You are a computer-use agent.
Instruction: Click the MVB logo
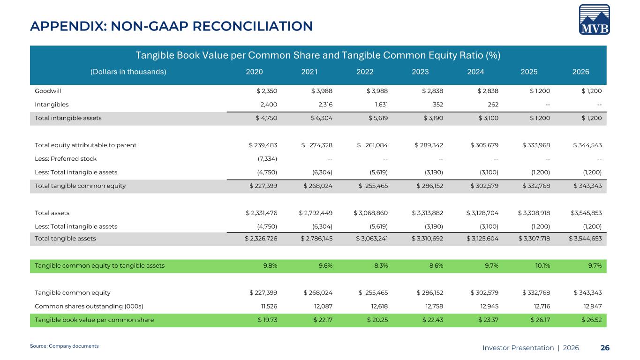click(595, 19)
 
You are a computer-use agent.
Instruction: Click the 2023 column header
click(420, 72)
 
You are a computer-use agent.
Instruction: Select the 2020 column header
click(254, 72)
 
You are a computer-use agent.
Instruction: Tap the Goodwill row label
click(48, 91)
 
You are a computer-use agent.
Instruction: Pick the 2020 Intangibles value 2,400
click(269, 105)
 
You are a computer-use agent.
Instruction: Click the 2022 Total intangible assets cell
click(378, 118)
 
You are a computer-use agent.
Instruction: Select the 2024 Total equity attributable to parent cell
click(484, 145)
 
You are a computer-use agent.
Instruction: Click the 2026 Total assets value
click(586, 213)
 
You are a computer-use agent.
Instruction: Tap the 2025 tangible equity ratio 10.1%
click(542, 266)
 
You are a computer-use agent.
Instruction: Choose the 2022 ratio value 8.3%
click(381, 266)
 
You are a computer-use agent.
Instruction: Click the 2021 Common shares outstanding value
click(323, 306)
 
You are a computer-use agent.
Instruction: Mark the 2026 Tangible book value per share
click(591, 320)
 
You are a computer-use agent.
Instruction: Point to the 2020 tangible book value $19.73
click(267, 320)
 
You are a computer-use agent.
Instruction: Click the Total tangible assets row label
click(65, 239)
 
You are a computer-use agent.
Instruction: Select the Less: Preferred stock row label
click(66, 159)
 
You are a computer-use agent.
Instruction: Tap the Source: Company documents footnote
click(64, 346)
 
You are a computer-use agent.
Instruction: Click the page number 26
click(605, 348)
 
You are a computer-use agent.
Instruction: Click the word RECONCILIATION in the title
click(253, 26)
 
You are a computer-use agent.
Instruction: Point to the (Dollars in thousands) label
click(128, 72)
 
